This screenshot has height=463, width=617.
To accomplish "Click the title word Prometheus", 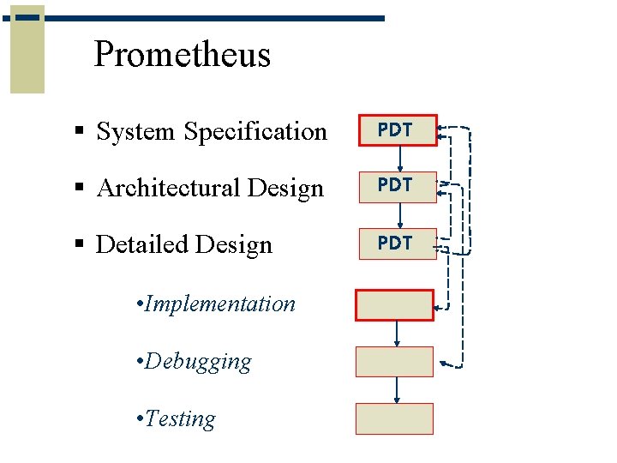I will coord(182,54).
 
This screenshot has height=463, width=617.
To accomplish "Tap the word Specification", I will coord(255,131).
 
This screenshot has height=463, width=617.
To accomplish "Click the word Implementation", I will coord(220,304).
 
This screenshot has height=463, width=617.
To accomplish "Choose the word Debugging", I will coord(198,361).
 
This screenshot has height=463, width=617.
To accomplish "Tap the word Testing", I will coord(180,418).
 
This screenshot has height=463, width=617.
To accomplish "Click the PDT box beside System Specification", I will coord(395,131).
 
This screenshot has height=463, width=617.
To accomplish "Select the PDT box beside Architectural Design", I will coord(395,186).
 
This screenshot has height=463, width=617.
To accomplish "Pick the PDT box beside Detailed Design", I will coord(395,244).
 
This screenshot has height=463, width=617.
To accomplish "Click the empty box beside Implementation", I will coord(395,305).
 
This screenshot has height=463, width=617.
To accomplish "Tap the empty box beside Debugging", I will coord(395,361).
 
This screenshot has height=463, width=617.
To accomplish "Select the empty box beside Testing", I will coord(395,418).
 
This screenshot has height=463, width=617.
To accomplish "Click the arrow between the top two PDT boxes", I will coord(400,159).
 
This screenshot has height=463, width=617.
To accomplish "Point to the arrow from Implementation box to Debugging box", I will coord(396,334).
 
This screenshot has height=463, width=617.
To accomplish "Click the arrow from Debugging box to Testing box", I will coord(396,390).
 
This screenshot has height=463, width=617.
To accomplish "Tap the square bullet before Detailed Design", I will coord(79,244).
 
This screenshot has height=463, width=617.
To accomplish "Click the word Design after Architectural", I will coord(287,188).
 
